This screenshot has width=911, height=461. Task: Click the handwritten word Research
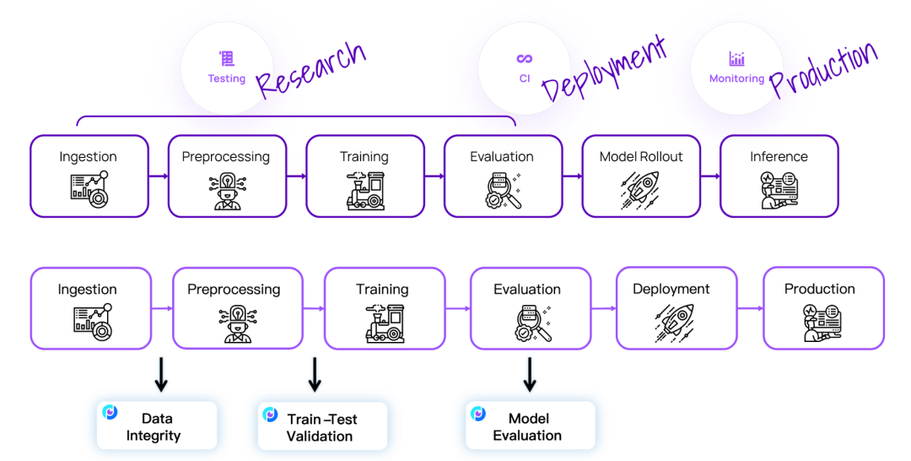coord(310,69)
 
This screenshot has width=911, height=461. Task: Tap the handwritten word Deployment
coord(603,69)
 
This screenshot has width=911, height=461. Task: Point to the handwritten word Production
coord(824,69)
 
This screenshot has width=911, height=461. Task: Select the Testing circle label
coord(227,79)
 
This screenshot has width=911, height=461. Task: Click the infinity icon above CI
coord(525,58)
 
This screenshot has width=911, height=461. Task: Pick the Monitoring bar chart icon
coord(737,59)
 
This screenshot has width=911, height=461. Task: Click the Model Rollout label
coord(641,157)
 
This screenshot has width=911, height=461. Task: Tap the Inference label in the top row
coord(779,157)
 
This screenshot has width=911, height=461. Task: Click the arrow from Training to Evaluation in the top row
coord(433,176)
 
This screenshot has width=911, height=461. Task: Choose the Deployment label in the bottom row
coord(671,289)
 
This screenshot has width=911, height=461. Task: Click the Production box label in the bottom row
coord(820,289)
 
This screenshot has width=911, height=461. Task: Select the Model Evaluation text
coord(528,427)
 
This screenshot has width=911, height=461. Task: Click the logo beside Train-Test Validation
coord(270,415)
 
